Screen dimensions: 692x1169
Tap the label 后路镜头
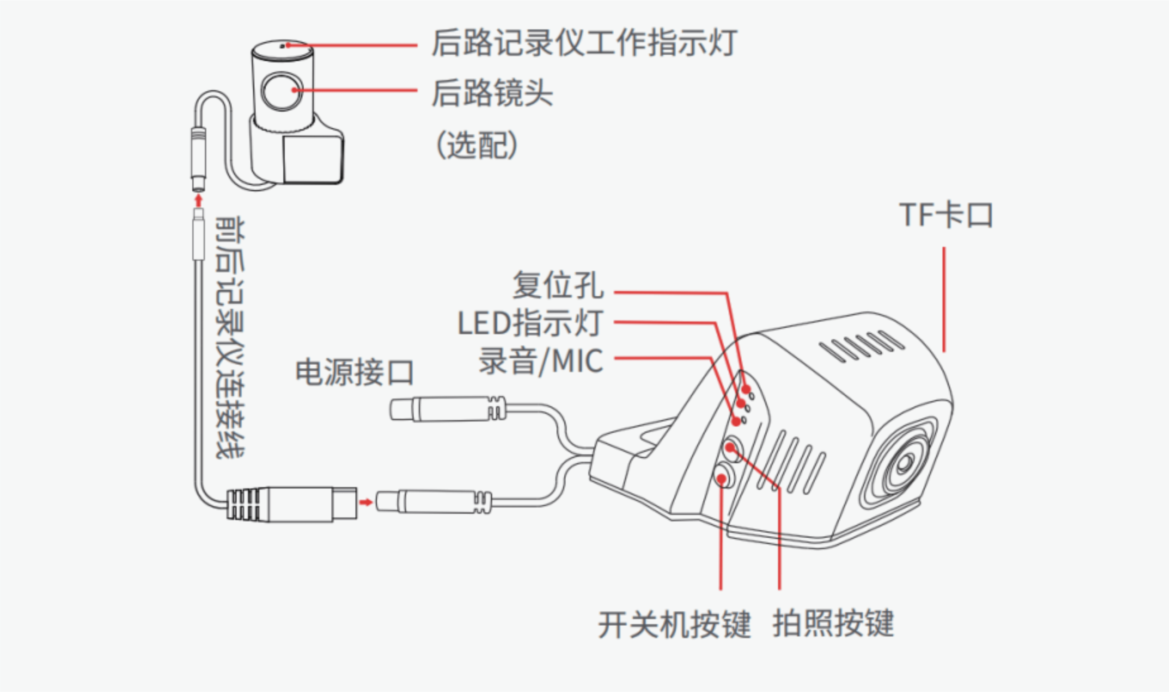(492, 93)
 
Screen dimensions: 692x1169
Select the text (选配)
(476, 145)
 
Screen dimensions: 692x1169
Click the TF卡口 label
(946, 215)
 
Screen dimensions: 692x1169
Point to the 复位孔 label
(558, 284)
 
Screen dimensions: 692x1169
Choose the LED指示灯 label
(531, 323)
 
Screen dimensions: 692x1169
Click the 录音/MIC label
(541, 361)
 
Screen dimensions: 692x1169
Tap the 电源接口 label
(354, 372)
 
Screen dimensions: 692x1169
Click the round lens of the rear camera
(282, 91)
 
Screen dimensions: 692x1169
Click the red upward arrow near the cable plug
(199, 200)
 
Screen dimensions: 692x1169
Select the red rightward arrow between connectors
(366, 502)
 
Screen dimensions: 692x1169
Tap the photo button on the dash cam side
(732, 448)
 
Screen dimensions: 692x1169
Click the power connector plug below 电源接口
(448, 409)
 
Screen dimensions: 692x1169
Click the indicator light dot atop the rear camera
(282, 46)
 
